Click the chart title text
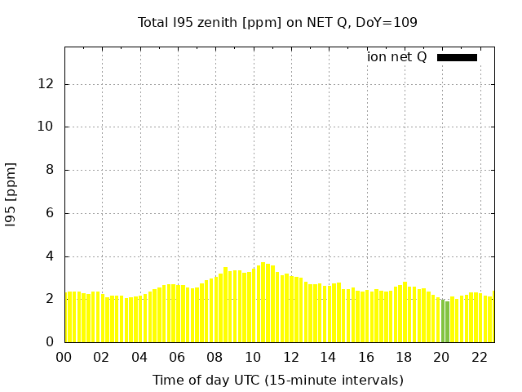pyautogui.click(x=277, y=22)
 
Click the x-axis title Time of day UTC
pyautogui.click(x=277, y=380)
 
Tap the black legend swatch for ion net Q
pyautogui.click(x=457, y=57)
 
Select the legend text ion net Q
pyautogui.click(x=396, y=57)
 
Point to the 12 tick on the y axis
pyautogui.click(x=46, y=84)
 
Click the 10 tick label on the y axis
pyautogui.click(x=46, y=127)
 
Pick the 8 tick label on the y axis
pyautogui.click(x=51, y=170)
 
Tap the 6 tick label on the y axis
pyautogui.click(x=51, y=213)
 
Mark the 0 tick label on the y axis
pyautogui.click(x=51, y=342)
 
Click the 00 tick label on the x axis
pyautogui.click(x=64, y=357)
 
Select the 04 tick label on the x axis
pyautogui.click(x=139, y=357)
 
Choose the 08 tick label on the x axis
pyautogui.click(x=215, y=357)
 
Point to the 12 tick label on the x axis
pyautogui.click(x=290, y=357)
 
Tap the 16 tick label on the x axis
pyautogui.click(x=366, y=357)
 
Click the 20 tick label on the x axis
pyautogui.click(x=441, y=357)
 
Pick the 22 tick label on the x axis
pyautogui.click(x=480, y=357)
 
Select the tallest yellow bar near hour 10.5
pyautogui.click(x=263, y=302)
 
